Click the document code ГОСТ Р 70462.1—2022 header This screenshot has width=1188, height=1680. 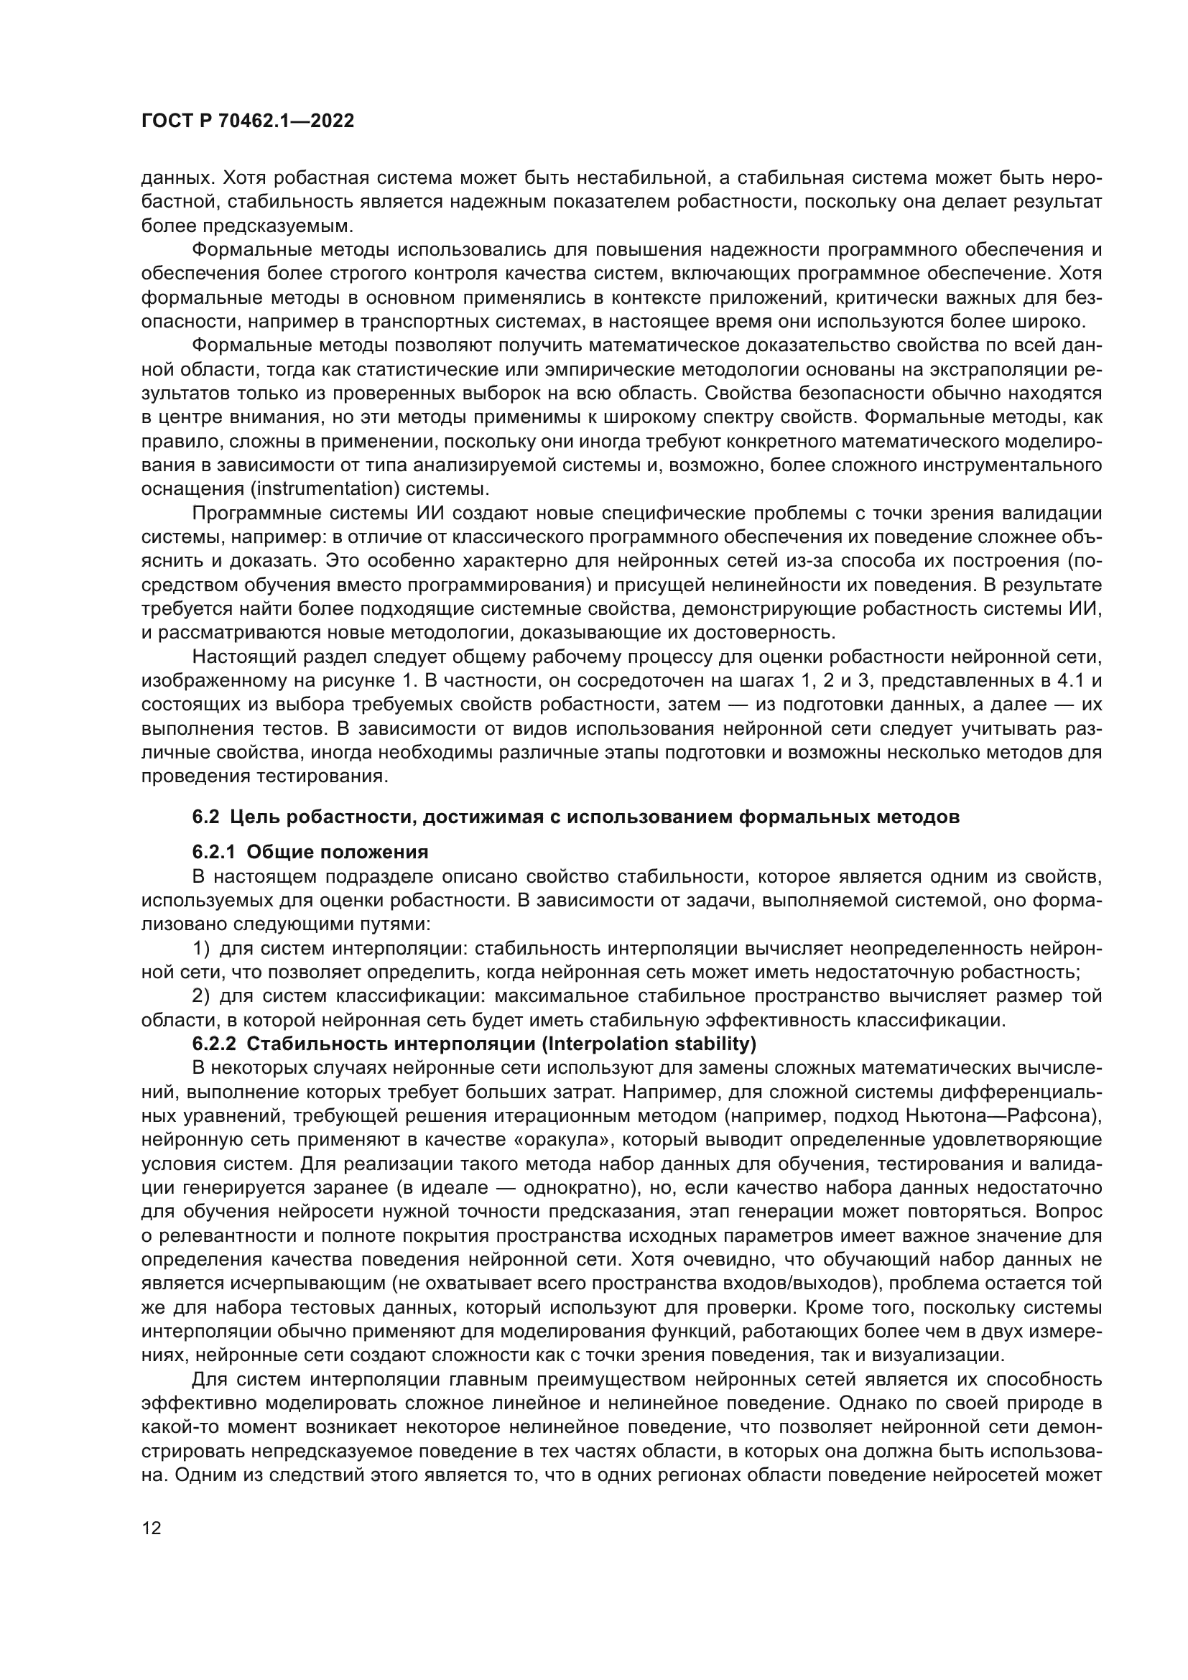(x=247, y=121)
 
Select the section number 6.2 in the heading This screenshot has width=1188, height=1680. (x=205, y=817)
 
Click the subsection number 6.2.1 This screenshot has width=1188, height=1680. (x=213, y=853)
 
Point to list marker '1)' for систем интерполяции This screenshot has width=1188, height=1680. (x=201, y=949)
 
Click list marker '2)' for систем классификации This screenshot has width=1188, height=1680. (x=201, y=997)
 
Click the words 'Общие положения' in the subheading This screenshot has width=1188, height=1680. (x=338, y=853)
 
